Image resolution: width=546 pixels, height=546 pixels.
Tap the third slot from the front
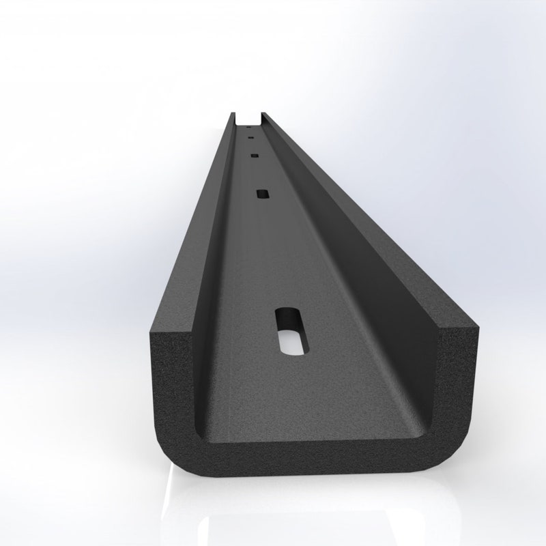pos(254,156)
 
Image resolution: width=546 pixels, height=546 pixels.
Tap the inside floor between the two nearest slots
pos(276,259)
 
